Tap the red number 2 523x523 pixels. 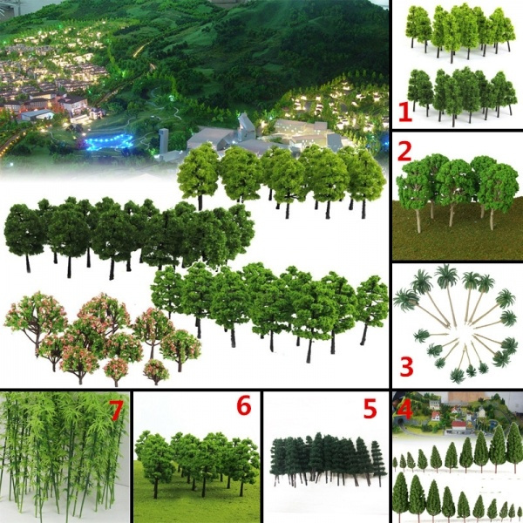click(404, 151)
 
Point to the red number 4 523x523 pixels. click(404, 407)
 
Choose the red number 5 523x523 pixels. click(370, 409)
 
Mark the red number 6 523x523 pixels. click(243, 406)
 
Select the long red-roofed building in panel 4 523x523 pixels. click(458, 425)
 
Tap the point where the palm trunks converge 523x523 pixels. click(452, 329)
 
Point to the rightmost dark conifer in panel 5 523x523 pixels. click(378, 462)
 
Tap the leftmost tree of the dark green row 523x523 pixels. click(24, 231)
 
